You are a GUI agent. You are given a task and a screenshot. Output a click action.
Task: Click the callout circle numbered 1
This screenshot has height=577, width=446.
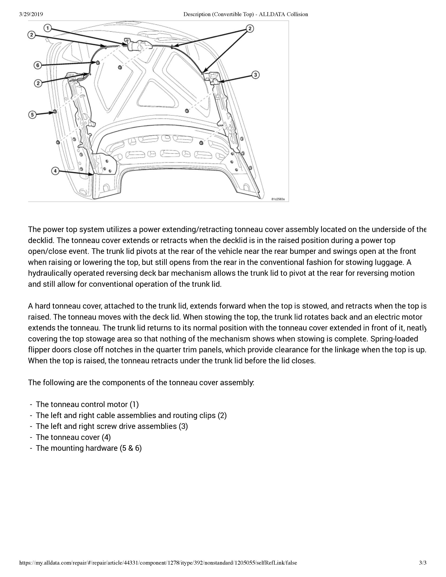[48, 28]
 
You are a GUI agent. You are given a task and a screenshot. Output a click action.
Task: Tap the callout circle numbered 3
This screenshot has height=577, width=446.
[255, 75]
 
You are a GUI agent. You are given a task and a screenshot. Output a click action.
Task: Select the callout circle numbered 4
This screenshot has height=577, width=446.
[55, 171]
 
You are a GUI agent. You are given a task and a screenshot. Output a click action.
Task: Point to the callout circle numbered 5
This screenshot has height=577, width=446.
[32, 115]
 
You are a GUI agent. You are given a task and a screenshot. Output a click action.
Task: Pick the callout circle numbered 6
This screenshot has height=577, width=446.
[38, 65]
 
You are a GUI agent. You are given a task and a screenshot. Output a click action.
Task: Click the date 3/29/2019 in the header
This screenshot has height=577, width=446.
[31, 14]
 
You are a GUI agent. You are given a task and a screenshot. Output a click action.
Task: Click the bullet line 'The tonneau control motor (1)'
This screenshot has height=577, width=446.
[87, 404]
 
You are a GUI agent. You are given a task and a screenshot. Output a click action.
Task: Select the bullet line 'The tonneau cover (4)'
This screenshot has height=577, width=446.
[73, 437]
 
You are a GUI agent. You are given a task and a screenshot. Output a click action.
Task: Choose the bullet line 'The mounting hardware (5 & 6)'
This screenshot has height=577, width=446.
[89, 448]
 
